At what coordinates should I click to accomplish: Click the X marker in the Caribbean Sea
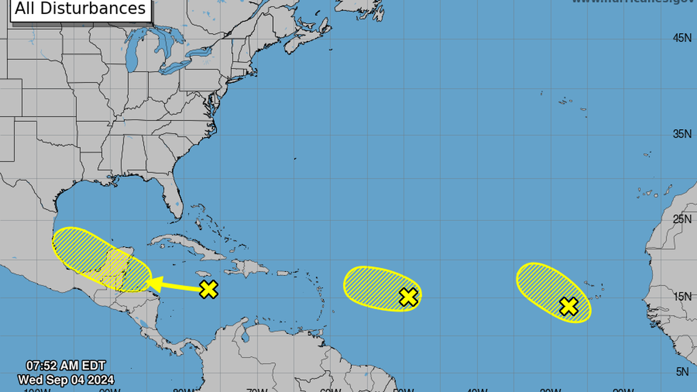pyautogui.click(x=208, y=289)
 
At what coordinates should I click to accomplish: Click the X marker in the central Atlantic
pyautogui.click(x=408, y=297)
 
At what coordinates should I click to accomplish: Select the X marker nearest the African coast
pyautogui.click(x=569, y=306)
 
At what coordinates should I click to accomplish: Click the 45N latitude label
pyautogui.click(x=682, y=38)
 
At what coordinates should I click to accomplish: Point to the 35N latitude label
pyautogui.click(x=682, y=134)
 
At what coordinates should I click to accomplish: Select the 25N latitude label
pyautogui.click(x=682, y=219)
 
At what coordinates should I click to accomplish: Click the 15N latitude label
pyautogui.click(x=682, y=297)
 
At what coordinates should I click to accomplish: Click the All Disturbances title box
pyautogui.click(x=81, y=9)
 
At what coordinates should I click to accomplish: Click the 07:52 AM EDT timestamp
pyautogui.click(x=65, y=366)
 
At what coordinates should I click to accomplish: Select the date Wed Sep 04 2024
pyautogui.click(x=65, y=379)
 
